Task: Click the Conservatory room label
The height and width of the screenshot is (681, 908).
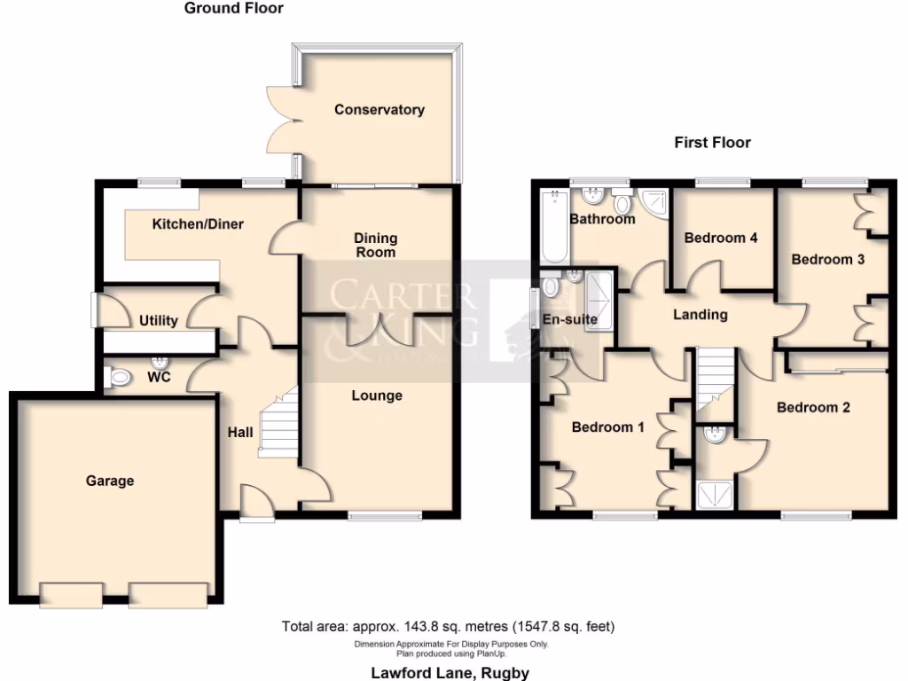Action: coord(379,110)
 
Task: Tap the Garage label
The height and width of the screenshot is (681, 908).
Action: coord(110,481)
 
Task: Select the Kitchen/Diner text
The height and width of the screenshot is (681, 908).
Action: coord(198,223)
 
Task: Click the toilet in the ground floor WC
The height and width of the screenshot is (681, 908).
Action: coord(119,379)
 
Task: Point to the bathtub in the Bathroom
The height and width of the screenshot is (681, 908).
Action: coord(554,230)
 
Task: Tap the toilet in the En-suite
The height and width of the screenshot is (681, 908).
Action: coord(550,286)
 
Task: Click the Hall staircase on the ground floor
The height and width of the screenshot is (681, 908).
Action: coord(277,426)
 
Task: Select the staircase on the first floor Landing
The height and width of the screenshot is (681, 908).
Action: coord(716,377)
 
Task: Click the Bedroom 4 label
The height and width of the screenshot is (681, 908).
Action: coord(721,238)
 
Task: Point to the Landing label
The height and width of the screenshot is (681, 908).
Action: coord(700,314)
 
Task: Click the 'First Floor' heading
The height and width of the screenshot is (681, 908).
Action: coord(712,142)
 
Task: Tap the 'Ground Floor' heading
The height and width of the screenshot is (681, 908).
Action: coord(234,9)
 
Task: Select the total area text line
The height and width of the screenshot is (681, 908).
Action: coord(448,626)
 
